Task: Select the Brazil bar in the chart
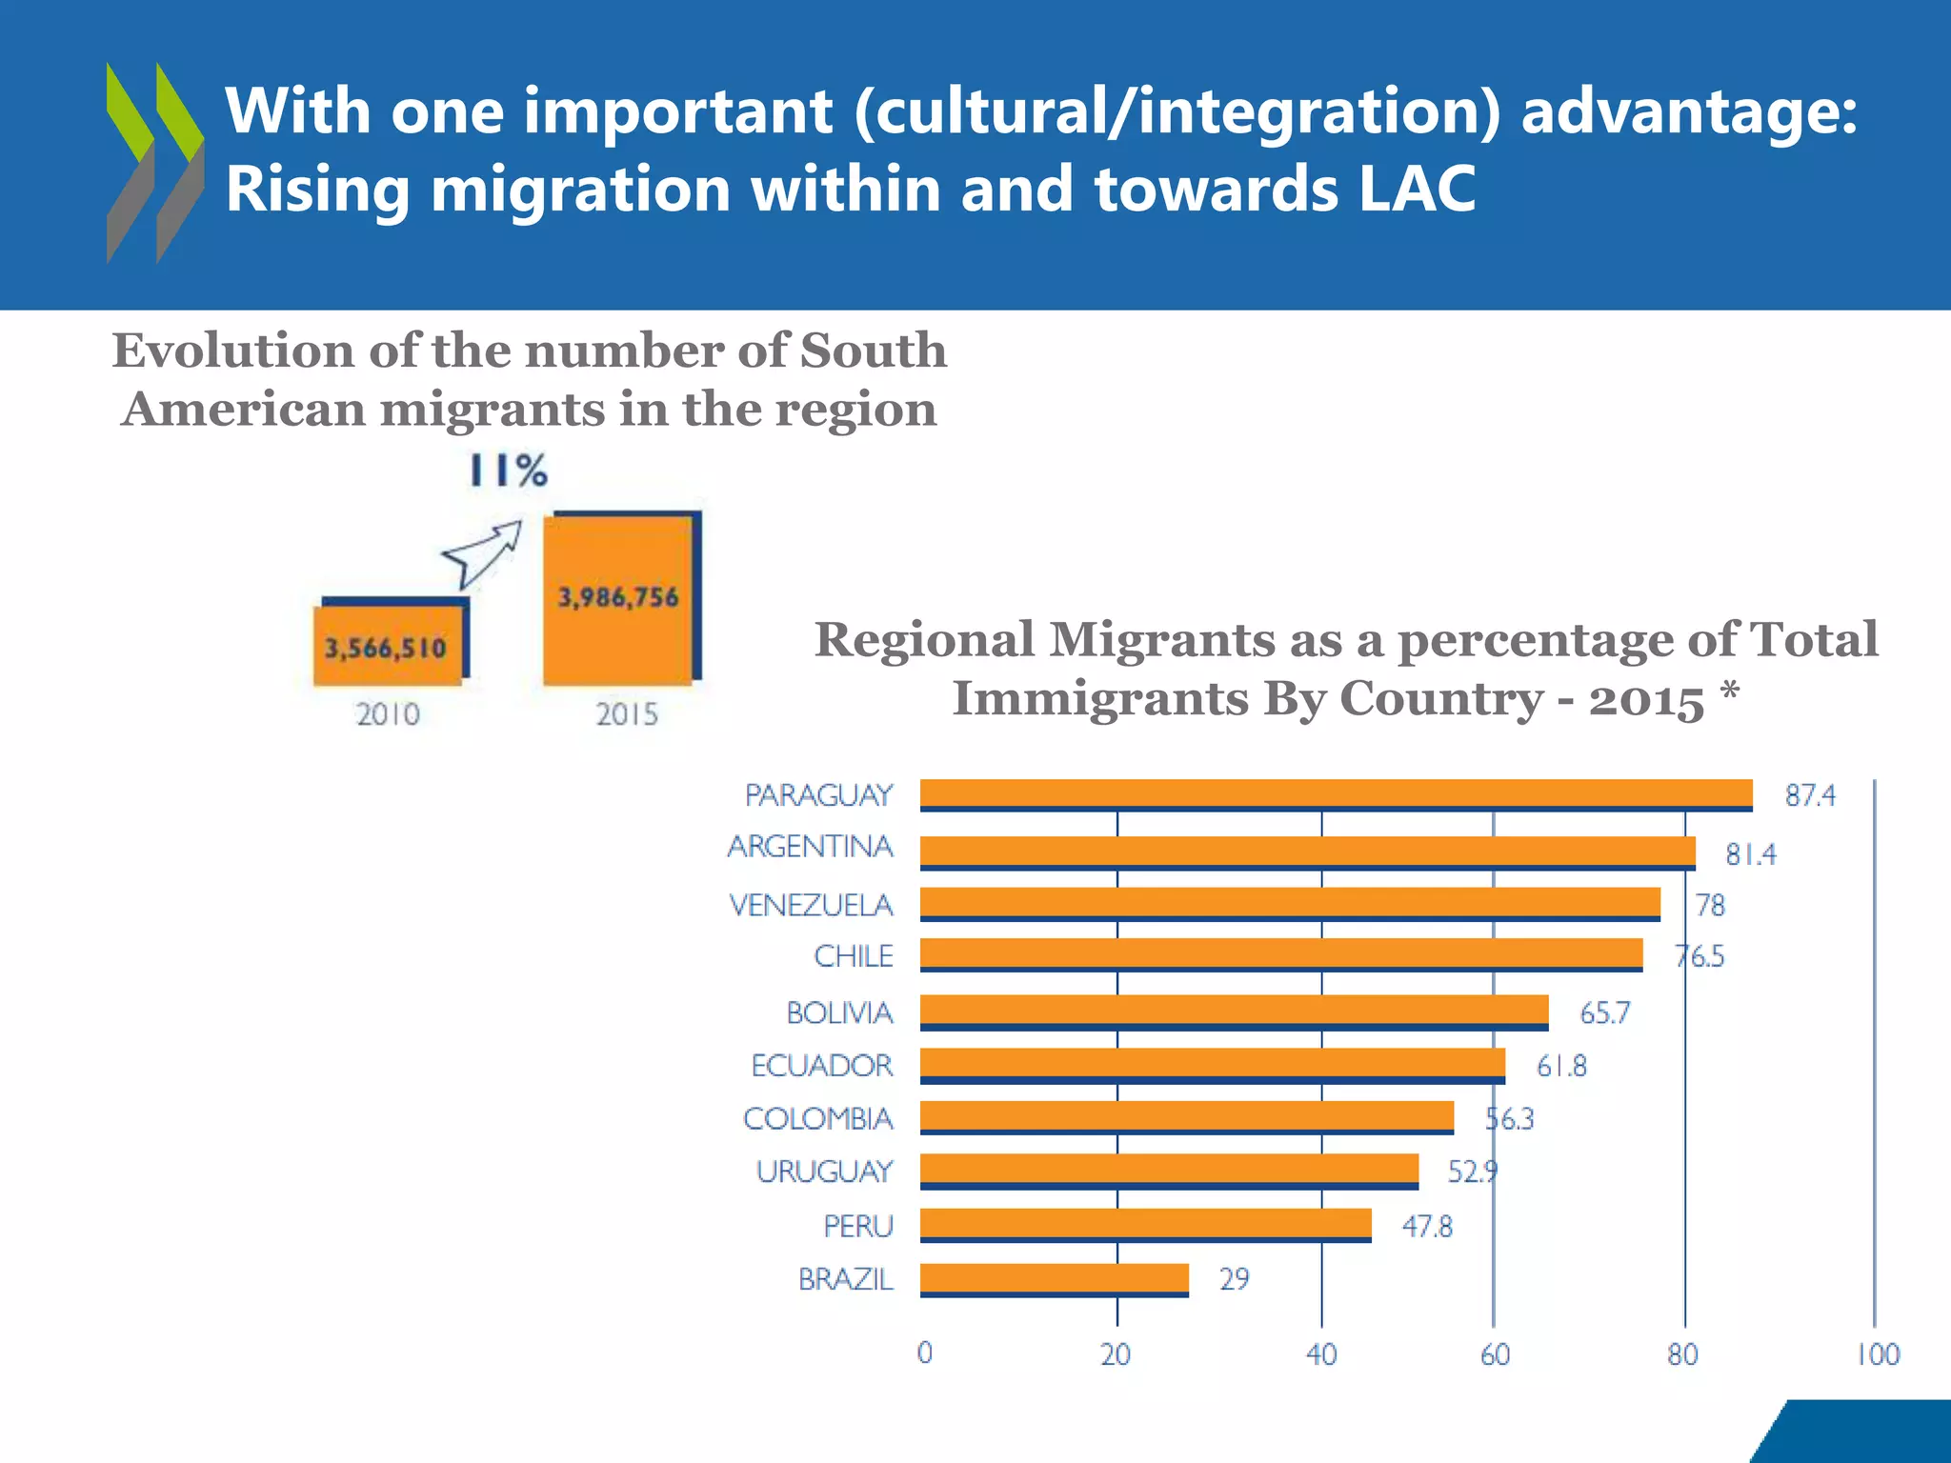coord(1054,1278)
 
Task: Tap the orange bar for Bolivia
coord(1234,1011)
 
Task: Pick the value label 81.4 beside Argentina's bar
coord(1751,854)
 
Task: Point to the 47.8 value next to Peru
coord(1427,1226)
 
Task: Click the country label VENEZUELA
coord(811,905)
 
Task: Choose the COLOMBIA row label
coord(817,1118)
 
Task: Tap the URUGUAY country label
coord(824,1171)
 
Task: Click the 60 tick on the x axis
coord(1495,1354)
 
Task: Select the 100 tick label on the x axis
coord(1878,1354)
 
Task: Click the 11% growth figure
coord(509,471)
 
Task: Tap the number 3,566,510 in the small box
coord(386,649)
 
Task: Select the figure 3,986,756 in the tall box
coord(618,598)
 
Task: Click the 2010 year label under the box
coord(388,714)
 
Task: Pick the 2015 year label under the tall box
coord(627,714)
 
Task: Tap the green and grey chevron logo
coord(154,163)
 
